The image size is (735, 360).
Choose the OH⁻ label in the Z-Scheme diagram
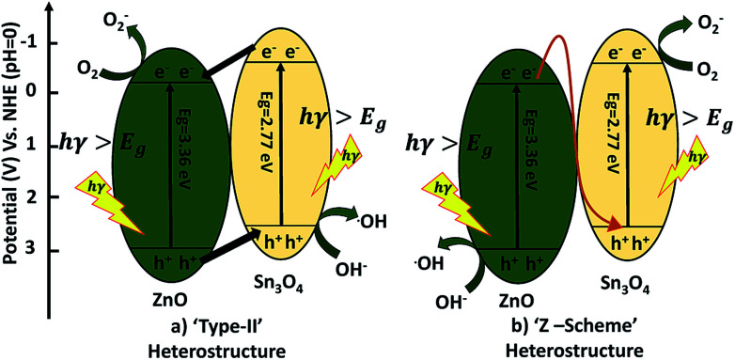[450, 303]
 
